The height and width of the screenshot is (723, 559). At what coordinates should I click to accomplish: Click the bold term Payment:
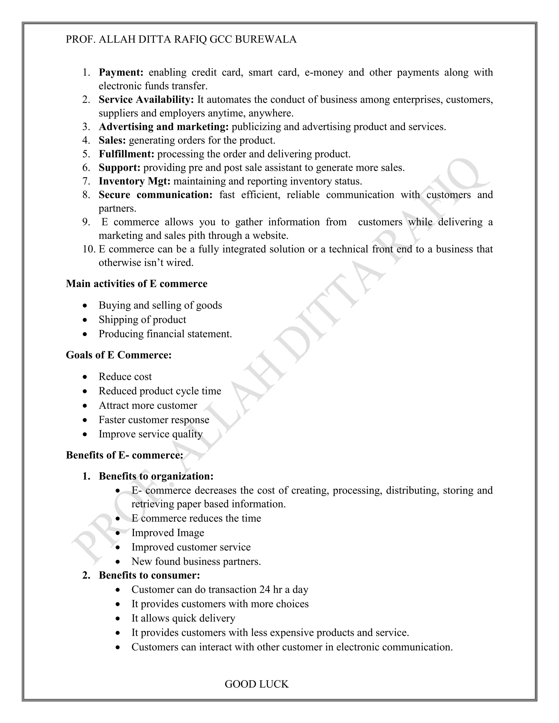pos(121,72)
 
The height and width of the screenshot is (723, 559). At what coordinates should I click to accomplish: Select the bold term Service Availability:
pos(146,99)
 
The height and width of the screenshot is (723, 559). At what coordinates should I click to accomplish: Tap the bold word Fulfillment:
pos(126,154)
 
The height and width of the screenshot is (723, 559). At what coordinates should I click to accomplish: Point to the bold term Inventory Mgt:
pos(135,181)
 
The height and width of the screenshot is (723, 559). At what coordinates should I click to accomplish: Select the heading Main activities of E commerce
pos(136,284)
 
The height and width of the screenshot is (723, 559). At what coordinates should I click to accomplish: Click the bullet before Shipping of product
pos(85,320)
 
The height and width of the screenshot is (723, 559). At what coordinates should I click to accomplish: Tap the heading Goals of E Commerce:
pos(118,355)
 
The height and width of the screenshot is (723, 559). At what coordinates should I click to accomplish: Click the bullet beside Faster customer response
pos(85,420)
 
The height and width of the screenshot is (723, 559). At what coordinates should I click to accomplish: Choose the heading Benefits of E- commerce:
pos(124,455)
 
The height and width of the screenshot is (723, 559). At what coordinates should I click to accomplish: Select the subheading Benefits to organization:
pos(156,476)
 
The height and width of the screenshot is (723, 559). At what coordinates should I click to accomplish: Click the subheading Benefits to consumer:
pos(149,575)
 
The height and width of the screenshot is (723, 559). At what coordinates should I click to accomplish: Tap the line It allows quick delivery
pos(183,618)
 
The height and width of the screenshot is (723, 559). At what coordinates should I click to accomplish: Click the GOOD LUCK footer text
pos(257,682)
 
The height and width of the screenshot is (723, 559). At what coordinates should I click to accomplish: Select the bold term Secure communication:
pos(155,195)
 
